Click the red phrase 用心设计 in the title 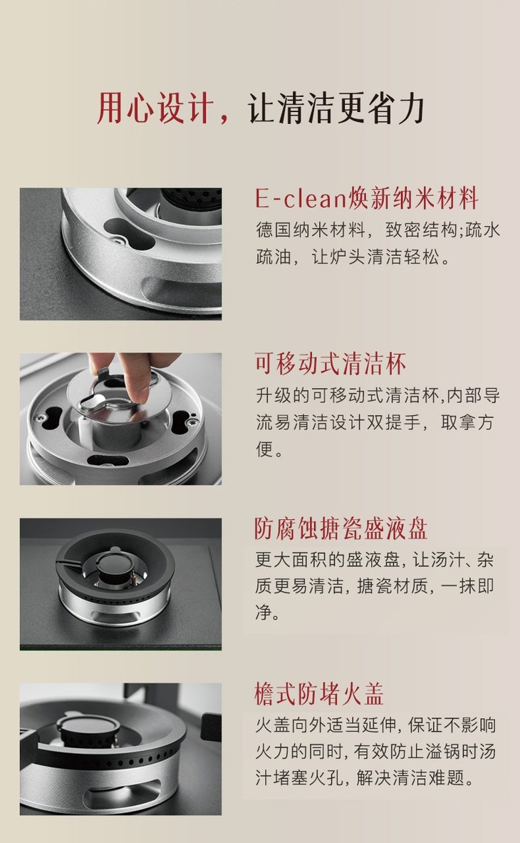(x=155, y=108)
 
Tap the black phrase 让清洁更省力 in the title (x=336, y=108)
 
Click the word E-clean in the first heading (x=301, y=198)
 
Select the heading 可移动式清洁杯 (x=331, y=364)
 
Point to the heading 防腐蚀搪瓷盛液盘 (x=341, y=529)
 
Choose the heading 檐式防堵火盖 (x=319, y=693)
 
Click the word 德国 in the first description (x=274, y=230)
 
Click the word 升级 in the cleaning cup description (x=274, y=396)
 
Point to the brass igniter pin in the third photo (x=132, y=578)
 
